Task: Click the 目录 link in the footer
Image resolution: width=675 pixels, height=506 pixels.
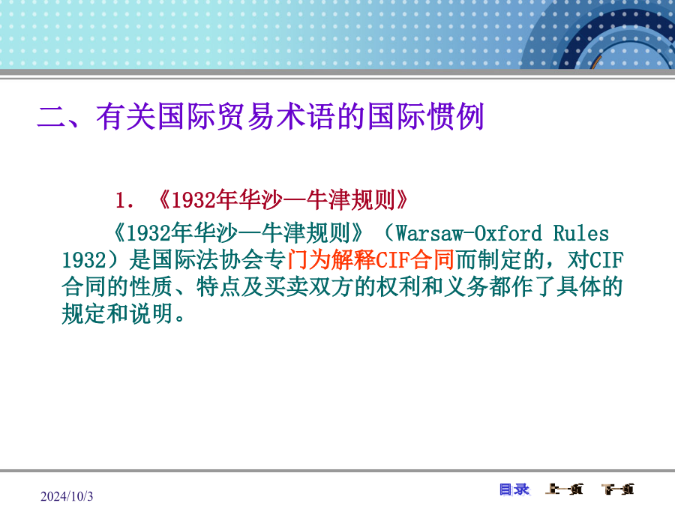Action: click(514, 490)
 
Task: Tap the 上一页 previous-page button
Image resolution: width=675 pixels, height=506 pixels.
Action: click(564, 490)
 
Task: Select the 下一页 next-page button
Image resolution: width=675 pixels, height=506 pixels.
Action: click(618, 490)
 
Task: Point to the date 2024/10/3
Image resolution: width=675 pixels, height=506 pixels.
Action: click(67, 496)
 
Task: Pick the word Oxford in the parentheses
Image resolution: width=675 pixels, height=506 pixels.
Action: click(508, 234)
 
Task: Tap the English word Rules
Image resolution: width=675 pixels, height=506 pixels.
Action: click(580, 234)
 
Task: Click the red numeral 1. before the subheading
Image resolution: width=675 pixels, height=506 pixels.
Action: click(124, 200)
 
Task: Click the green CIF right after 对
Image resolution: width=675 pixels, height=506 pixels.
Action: click(607, 260)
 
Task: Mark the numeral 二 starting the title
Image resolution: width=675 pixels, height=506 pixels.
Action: click(52, 116)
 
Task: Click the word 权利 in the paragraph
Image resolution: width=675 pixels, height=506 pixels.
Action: click(399, 287)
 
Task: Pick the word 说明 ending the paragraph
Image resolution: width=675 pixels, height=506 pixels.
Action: click(151, 313)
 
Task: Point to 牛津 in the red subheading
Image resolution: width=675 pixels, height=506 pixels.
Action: click(328, 200)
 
